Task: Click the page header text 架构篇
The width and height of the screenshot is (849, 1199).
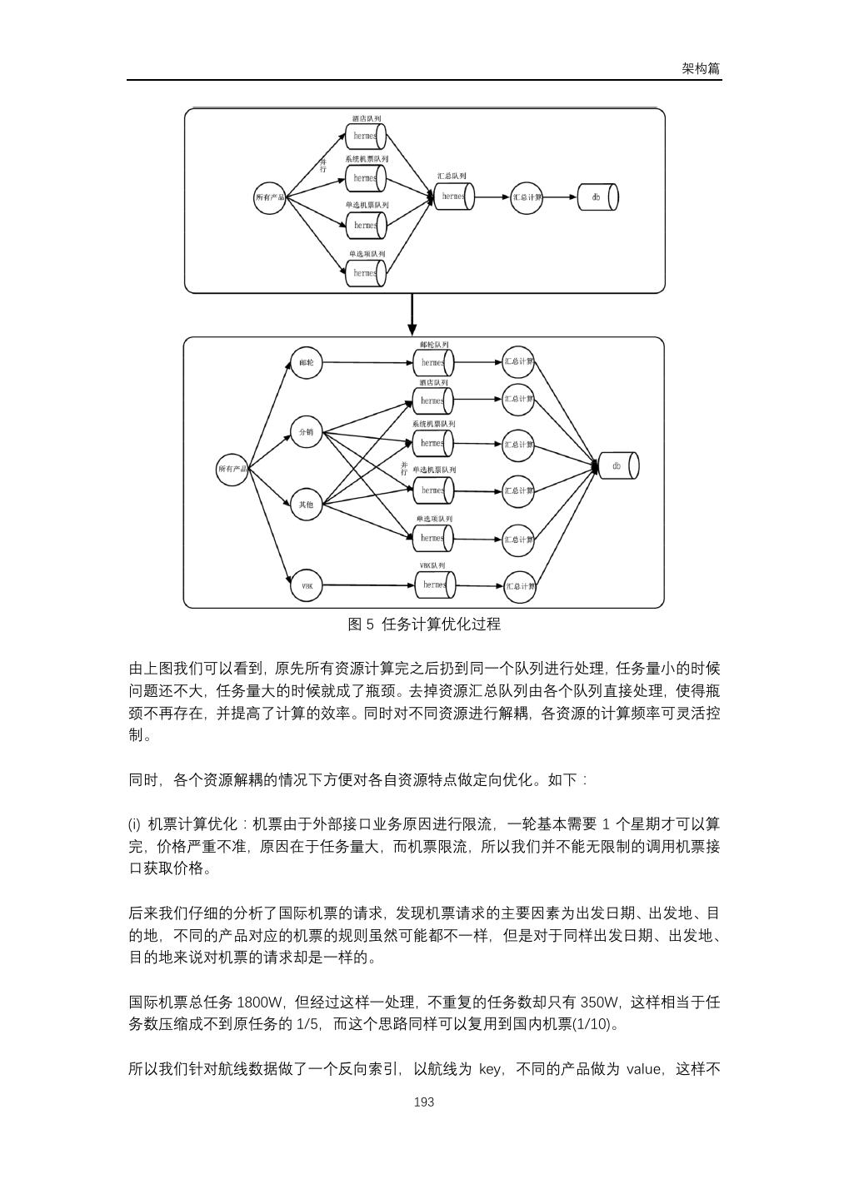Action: (700, 69)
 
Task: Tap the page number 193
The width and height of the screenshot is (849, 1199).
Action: (424, 1102)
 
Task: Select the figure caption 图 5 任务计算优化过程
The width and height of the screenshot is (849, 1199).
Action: (424, 624)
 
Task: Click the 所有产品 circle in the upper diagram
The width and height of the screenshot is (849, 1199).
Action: (269, 197)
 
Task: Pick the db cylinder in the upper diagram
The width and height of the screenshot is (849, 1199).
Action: (600, 197)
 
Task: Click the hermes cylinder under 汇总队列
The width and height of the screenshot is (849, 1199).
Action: (454, 197)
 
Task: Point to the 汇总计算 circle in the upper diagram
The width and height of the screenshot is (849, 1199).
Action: (527, 197)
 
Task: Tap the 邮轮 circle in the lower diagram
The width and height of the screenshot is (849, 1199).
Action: (306, 363)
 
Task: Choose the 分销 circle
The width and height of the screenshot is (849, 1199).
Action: (306, 431)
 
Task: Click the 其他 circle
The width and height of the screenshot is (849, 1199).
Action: (306, 504)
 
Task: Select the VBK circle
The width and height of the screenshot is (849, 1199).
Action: (306, 586)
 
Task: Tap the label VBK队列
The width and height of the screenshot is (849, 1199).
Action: (432, 565)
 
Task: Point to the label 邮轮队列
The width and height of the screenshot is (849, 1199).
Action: (434, 344)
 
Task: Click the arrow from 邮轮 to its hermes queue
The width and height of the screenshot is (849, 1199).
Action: (367, 363)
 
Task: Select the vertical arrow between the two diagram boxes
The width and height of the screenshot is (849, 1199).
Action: (412, 314)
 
